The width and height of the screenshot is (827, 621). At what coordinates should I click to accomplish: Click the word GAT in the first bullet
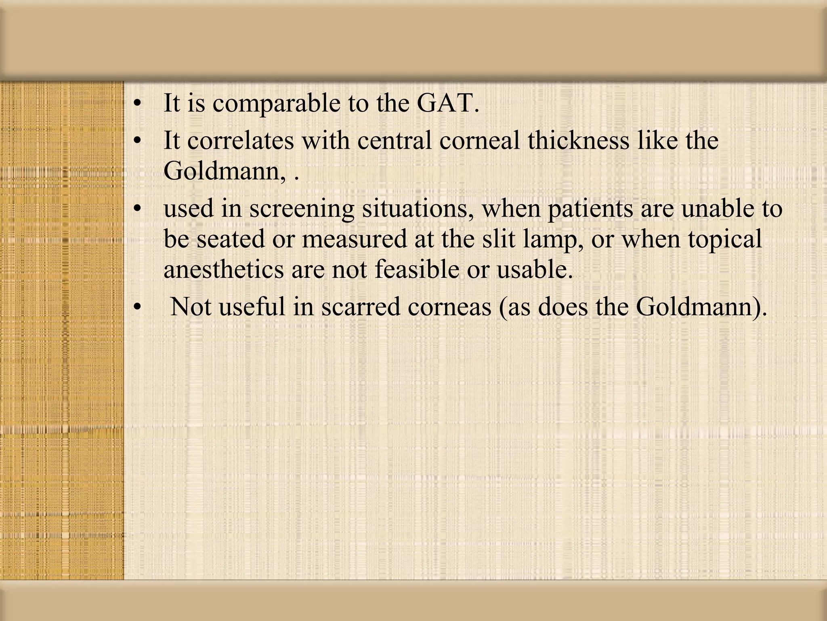[447, 103]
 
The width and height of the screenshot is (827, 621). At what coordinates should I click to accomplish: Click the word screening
[301, 209]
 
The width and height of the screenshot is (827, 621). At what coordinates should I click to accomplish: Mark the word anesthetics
[223, 269]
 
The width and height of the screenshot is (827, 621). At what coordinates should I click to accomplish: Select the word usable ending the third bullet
[534, 269]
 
